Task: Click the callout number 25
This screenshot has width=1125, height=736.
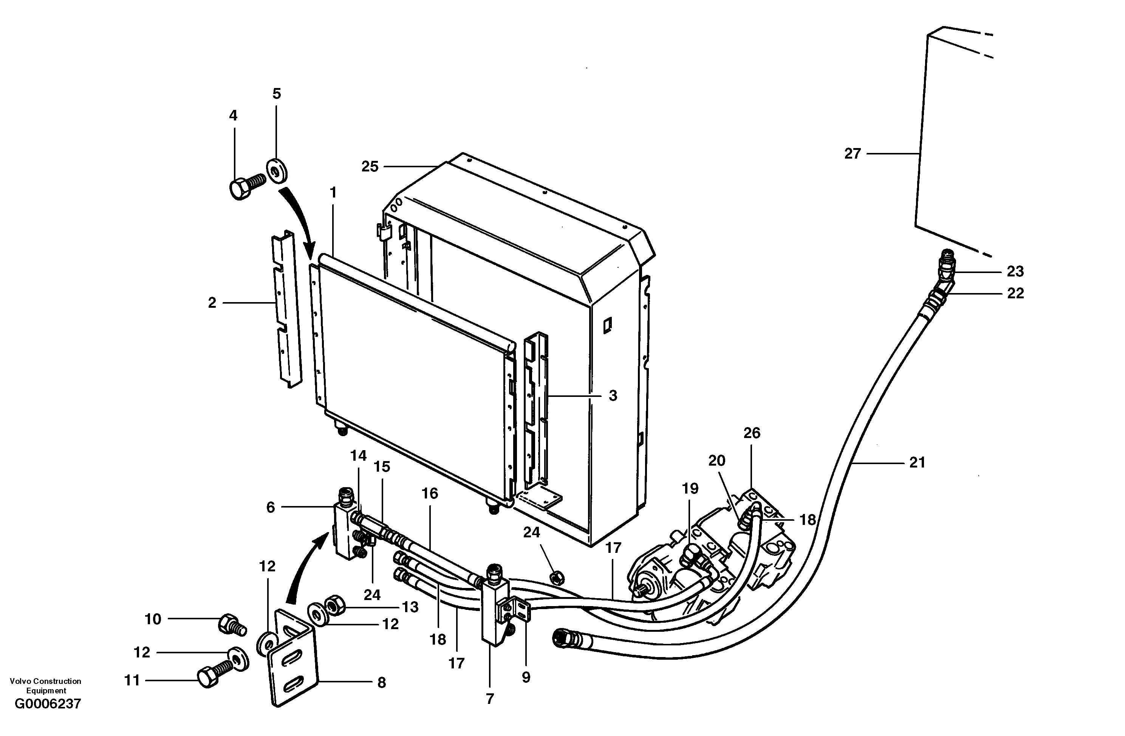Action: [370, 166]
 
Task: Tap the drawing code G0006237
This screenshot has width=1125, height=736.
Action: [48, 704]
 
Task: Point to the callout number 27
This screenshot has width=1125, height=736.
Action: [853, 154]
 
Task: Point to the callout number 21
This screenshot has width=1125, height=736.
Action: [917, 463]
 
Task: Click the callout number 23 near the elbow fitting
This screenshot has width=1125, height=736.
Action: [1015, 271]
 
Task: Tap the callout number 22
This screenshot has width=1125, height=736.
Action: [1015, 293]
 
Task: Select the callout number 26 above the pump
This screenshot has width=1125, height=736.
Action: [752, 433]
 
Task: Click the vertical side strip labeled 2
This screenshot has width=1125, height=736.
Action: [286, 309]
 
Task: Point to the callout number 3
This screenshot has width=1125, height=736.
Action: [613, 395]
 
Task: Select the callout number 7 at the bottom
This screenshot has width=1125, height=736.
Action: [490, 698]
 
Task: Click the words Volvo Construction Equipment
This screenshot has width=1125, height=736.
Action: [46, 685]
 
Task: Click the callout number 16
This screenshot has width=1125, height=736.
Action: [430, 493]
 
